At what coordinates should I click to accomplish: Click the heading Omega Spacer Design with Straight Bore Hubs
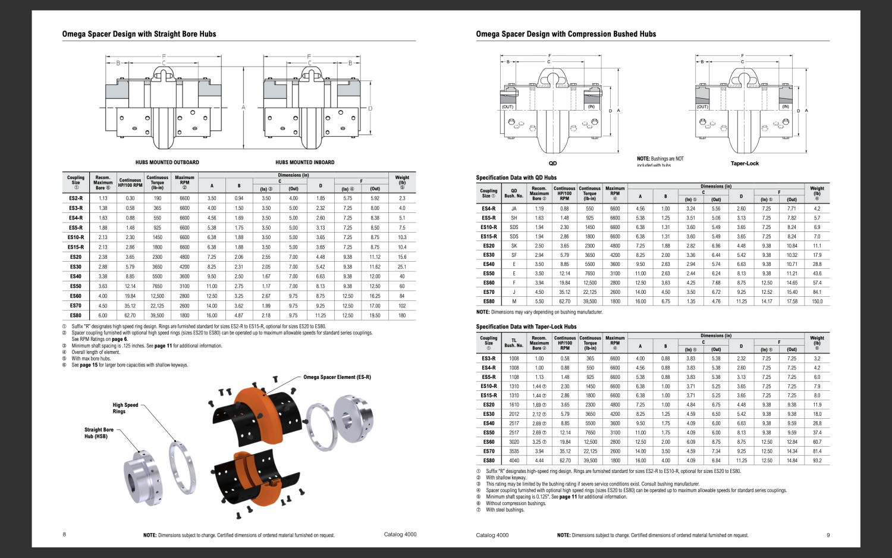click(139, 34)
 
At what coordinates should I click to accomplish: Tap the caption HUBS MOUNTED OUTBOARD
click(167, 162)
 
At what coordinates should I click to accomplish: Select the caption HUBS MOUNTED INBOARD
click(304, 162)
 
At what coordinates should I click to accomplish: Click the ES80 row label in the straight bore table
click(76, 315)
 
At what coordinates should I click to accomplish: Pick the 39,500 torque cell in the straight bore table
click(158, 315)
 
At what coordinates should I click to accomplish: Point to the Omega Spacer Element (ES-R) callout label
click(337, 377)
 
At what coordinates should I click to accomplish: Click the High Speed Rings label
click(125, 408)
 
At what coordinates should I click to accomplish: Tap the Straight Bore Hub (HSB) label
click(99, 433)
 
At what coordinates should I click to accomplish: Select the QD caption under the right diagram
click(552, 164)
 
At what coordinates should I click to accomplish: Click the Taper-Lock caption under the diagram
click(745, 164)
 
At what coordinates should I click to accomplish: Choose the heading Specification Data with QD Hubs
click(516, 178)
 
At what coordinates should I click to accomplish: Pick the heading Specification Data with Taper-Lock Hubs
click(526, 327)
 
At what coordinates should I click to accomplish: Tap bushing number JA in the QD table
click(514, 209)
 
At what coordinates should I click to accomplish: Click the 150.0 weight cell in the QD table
click(817, 302)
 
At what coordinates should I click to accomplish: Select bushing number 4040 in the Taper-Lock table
click(514, 460)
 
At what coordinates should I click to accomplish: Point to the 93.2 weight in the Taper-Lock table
click(817, 460)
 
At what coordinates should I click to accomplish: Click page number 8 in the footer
click(64, 534)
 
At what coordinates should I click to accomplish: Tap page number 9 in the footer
click(828, 535)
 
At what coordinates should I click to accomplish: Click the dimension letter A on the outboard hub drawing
click(243, 108)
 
